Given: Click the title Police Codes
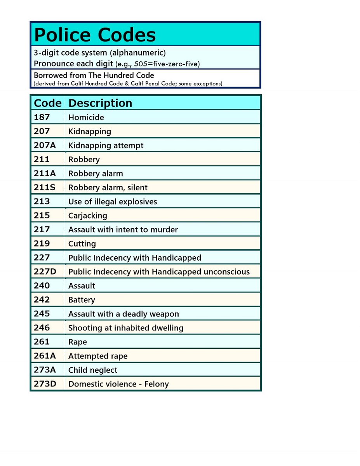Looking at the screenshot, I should coord(95,35).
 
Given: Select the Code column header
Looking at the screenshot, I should coord(47,103).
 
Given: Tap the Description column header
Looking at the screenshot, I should coord(100,103).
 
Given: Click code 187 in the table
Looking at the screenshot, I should coord(42,117).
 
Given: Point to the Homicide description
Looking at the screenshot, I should coord(86,117).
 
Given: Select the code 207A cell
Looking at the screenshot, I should coord(44,145).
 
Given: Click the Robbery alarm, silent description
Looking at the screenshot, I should coord(108,188).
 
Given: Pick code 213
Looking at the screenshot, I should coord(42,201).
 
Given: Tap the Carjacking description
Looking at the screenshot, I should coord(88,216).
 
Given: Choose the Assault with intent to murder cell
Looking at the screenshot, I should coord(123,230).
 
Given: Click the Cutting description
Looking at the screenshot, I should coord(82,244).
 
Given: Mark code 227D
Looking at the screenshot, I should coord(45,271).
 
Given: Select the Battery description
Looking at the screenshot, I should coord(82,300).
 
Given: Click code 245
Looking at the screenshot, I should coord(42,313).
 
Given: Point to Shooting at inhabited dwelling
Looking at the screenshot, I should coord(126,328).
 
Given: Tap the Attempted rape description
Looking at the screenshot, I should coord(98,356).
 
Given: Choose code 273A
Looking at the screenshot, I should coord(45,370).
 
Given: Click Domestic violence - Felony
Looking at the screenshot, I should coord(118,384).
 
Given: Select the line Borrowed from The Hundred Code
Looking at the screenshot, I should coord(94,75).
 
